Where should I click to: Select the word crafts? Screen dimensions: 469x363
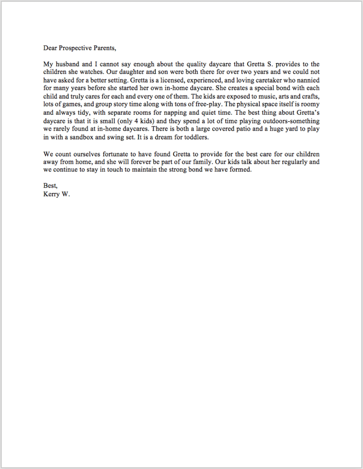click(x=309, y=96)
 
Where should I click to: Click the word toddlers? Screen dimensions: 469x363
click(x=195, y=137)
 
